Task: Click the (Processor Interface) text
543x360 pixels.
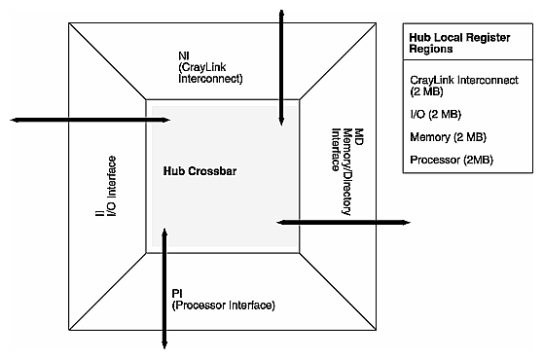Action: [222, 305]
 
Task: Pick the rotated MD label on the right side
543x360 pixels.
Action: [357, 134]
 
